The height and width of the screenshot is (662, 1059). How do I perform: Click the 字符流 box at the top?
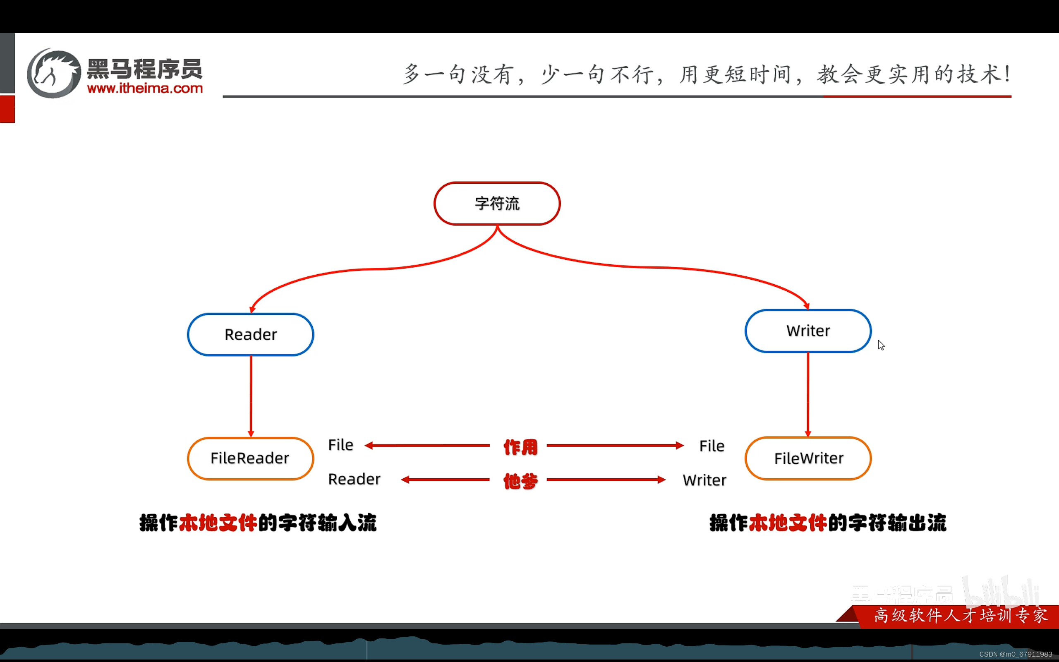(497, 204)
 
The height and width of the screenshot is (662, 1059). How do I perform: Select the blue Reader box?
(250, 334)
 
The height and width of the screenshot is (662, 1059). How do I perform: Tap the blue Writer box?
(808, 331)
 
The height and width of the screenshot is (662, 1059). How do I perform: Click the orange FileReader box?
(250, 458)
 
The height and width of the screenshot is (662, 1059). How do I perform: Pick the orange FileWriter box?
(808, 458)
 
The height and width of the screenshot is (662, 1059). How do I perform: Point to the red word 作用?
(520, 447)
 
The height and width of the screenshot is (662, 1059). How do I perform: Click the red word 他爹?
(520, 481)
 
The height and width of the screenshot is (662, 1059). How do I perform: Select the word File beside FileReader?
(340, 445)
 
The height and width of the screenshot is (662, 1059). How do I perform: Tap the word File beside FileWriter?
(712, 446)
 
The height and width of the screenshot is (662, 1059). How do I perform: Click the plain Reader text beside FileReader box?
(354, 480)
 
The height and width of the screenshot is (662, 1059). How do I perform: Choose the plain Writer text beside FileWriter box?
(704, 480)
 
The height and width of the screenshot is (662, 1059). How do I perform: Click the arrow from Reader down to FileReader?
(251, 396)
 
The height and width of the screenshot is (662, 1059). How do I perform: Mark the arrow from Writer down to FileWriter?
(808, 394)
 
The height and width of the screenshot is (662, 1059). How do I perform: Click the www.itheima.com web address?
(145, 89)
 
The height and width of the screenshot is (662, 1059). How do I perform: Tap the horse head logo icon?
(54, 73)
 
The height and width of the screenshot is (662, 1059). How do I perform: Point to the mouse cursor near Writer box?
(880, 345)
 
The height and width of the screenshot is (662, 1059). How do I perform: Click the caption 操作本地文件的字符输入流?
(258, 523)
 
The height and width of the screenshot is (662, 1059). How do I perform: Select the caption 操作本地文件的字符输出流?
(827, 523)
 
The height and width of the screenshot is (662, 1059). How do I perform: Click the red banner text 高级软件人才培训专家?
(961, 616)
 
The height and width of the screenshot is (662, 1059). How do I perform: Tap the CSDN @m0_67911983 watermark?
(1015, 654)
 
